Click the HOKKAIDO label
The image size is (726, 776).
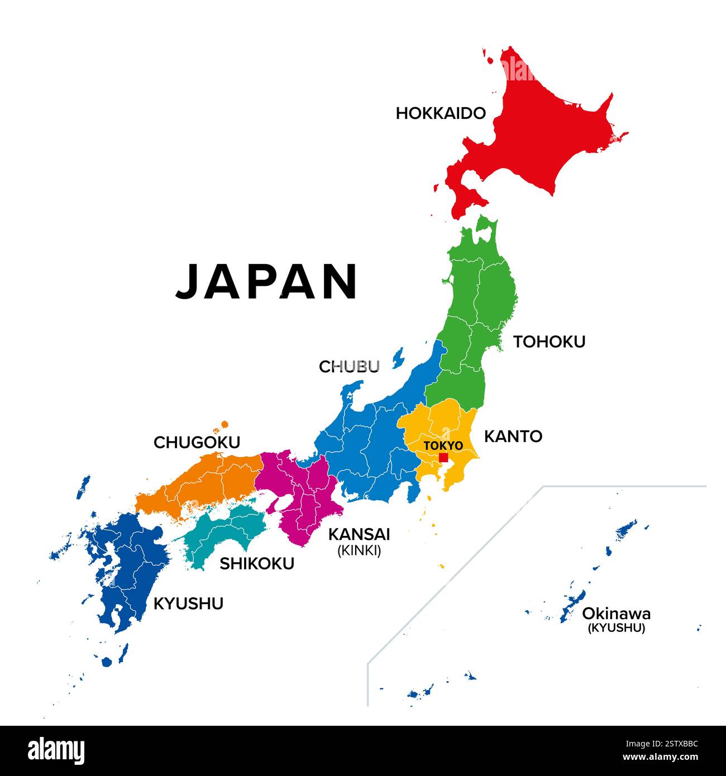(x=441, y=113)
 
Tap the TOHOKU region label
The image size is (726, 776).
(x=549, y=342)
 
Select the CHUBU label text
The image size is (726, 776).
(x=349, y=367)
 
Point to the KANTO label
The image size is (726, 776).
(x=513, y=437)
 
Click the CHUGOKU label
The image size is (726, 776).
(x=197, y=443)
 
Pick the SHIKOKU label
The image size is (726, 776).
(x=256, y=564)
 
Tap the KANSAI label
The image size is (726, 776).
(x=359, y=534)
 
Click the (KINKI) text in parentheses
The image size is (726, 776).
(x=359, y=551)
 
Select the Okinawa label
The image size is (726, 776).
(x=616, y=614)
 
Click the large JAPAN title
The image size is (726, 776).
(x=267, y=281)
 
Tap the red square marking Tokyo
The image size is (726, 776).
(x=443, y=457)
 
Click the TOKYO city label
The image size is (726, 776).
(x=443, y=446)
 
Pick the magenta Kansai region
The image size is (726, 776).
(x=302, y=491)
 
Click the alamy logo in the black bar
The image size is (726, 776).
(x=56, y=751)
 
